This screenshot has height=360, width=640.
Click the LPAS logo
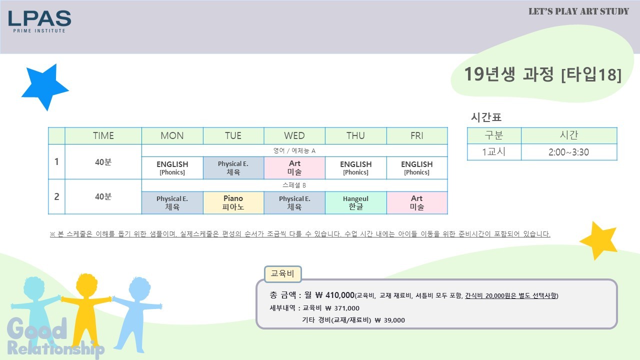39,21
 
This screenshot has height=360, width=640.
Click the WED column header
294,135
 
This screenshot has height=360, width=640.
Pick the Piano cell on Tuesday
233,202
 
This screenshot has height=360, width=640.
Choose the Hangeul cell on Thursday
355,202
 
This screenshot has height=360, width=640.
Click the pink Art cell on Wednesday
294,167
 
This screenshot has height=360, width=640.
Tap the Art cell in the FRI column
417,202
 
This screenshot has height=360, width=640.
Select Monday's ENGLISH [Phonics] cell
172,168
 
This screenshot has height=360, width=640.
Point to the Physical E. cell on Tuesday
233,167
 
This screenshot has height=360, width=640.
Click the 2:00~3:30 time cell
569,152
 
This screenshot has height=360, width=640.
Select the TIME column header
103,135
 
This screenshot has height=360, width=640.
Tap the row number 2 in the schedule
56,196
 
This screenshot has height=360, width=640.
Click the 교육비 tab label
282,273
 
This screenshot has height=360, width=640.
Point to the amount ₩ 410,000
335,295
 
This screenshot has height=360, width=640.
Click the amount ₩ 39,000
389,320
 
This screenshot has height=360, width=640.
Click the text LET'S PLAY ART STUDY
578,11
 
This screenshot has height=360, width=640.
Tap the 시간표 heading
486,117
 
